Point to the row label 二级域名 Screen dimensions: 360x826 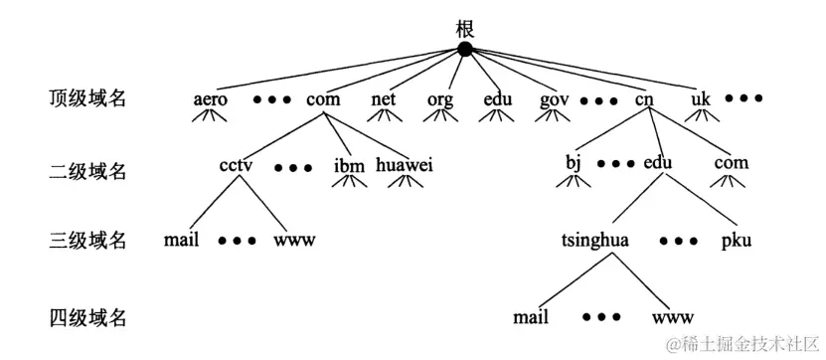point(88,171)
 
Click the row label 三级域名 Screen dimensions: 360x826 point(88,240)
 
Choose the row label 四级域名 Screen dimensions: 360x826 point(88,318)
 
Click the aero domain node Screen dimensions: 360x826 point(211,99)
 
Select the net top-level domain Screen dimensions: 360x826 point(384,99)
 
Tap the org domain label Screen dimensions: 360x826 point(440,99)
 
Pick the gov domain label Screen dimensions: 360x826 point(554,99)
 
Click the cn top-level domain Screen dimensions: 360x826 point(644,99)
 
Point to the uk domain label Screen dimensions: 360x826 point(702,99)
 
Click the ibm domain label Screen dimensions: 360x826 point(349,164)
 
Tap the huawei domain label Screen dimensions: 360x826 point(405,164)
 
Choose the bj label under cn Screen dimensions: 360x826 point(573,162)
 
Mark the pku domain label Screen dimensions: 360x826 point(737,241)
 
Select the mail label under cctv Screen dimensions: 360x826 point(183,240)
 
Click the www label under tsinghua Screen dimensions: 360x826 point(673,318)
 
